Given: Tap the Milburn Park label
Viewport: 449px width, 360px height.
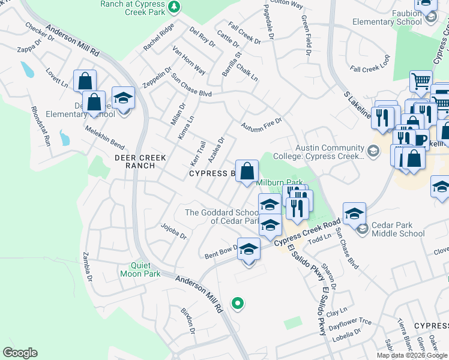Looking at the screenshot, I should pos(279,182).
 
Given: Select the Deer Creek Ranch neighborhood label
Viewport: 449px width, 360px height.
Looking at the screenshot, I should pos(136,161).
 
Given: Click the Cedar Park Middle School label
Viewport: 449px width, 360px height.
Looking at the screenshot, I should pos(397,230).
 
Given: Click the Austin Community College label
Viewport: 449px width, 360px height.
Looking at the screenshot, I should pos(330,152).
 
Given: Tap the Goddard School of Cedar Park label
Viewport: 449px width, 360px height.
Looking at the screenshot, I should pos(221,217).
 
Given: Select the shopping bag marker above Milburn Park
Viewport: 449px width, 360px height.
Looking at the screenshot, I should pos(247,172).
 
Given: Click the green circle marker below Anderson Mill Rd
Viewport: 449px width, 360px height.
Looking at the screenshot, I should pos(238,303).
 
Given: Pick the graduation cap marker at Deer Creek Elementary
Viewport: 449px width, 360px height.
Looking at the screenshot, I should pos(123,98).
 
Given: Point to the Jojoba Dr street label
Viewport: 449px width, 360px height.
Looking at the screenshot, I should pos(174,231).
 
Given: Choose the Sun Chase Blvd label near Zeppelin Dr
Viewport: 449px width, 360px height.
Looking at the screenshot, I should pos(191,86).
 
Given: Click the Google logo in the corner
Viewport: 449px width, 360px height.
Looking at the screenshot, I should pos(20,353).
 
